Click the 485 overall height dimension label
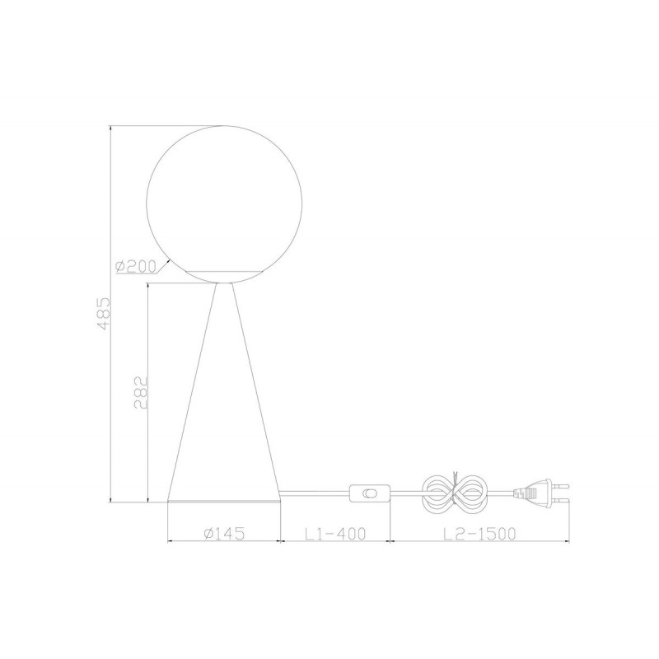(104, 314)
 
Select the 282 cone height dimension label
(141, 393)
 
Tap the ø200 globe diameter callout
(135, 266)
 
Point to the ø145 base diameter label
(223, 533)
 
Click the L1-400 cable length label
(335, 533)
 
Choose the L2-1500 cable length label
(479, 533)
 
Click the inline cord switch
(370, 493)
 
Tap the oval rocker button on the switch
(370, 493)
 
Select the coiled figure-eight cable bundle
(454, 493)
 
